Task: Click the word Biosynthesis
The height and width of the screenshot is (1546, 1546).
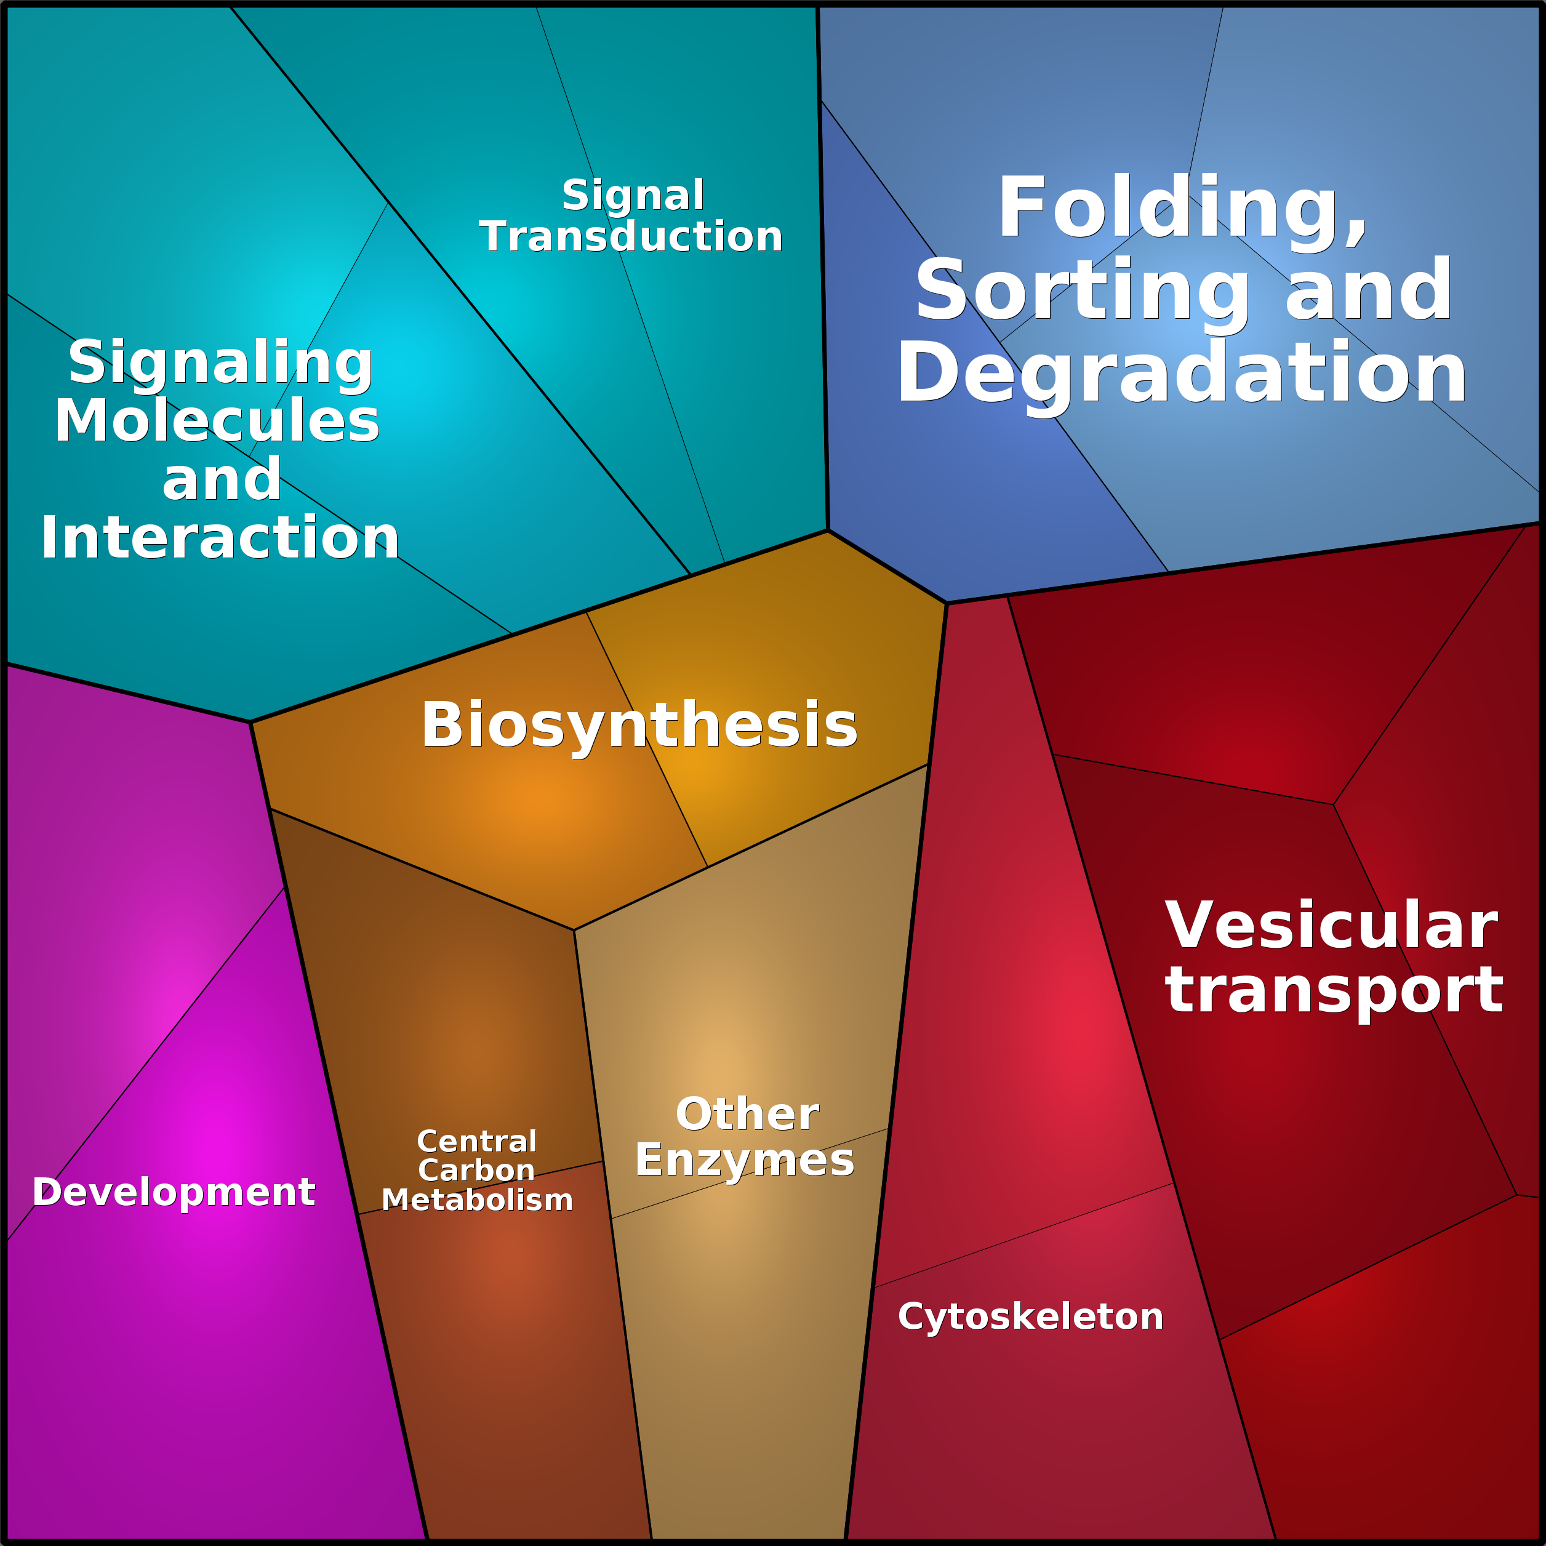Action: pyautogui.click(x=639, y=725)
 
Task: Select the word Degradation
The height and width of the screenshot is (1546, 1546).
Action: pyautogui.click(x=1181, y=374)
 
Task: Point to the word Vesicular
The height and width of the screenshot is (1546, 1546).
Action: pyautogui.click(x=1331, y=926)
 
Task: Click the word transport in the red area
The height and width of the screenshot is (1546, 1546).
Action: pyautogui.click(x=1334, y=991)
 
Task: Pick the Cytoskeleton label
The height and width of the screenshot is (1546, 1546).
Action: pyautogui.click(x=1030, y=1316)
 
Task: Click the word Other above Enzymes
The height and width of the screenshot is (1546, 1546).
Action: pyautogui.click(x=747, y=1114)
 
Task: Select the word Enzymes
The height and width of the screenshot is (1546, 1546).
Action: pyautogui.click(x=744, y=1160)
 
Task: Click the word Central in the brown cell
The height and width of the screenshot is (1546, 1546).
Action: pyautogui.click(x=477, y=1141)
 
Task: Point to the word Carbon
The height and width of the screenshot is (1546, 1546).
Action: pyautogui.click(x=476, y=1171)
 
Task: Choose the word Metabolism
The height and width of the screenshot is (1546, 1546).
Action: pyautogui.click(x=477, y=1200)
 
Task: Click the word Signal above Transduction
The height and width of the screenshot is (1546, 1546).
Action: pyautogui.click(x=633, y=195)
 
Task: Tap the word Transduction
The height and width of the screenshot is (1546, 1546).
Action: pyautogui.click(x=631, y=237)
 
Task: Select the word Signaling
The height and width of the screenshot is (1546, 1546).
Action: pyautogui.click(x=221, y=362)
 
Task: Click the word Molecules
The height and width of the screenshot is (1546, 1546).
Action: pyautogui.click(x=217, y=421)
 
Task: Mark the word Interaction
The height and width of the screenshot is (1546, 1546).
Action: pyautogui.click(x=220, y=538)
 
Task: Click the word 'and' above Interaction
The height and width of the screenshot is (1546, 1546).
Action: pyautogui.click(x=222, y=480)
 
